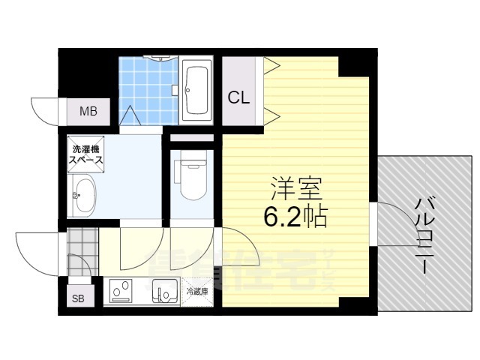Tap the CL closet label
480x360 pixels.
[239, 97]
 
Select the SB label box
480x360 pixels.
[79, 298]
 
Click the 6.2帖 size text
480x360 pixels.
[294, 217]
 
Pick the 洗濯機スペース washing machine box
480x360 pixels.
[86, 154]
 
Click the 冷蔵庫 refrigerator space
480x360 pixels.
[197, 289]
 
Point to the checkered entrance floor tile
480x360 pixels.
[82, 243]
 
